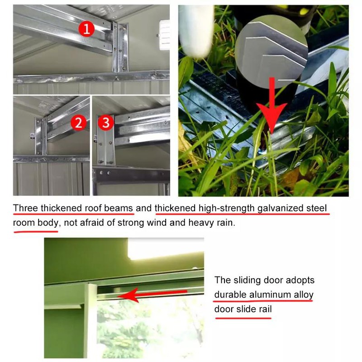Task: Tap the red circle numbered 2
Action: coord(79,123)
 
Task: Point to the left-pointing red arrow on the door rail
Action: coord(149,295)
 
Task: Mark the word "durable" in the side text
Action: coord(230,295)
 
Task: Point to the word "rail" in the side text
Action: coord(264,309)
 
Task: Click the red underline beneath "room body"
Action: coord(36,231)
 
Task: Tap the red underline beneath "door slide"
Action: coord(243,317)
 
